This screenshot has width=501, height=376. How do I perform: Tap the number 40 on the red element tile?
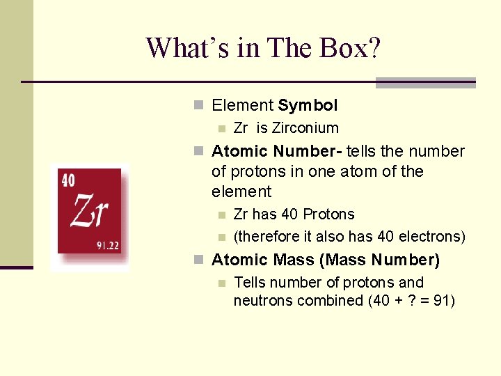(68, 180)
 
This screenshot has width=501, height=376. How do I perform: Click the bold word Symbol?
(308, 106)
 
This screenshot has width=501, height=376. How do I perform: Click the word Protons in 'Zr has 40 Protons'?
(329, 214)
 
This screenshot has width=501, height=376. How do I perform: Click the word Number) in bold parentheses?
(406, 260)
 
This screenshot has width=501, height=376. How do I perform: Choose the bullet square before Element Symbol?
(198, 106)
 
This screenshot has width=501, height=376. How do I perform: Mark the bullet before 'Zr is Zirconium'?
(221, 128)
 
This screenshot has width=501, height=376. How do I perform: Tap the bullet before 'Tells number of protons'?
(221, 283)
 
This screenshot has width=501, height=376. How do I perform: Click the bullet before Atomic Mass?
(198, 260)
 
